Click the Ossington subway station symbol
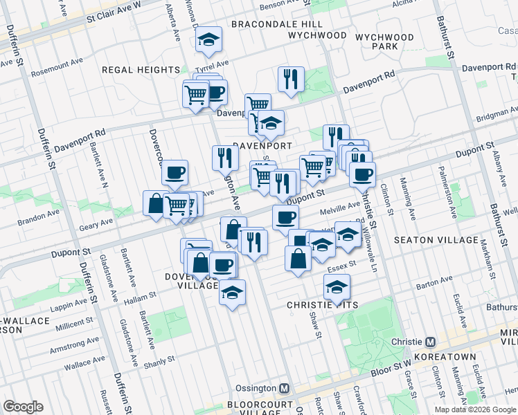[283, 389]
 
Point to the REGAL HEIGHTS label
[141, 70]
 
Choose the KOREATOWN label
[445, 357]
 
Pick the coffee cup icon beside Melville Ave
[285, 218]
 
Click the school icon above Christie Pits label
[337, 286]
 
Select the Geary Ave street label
[97, 222]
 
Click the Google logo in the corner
[23, 407]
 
